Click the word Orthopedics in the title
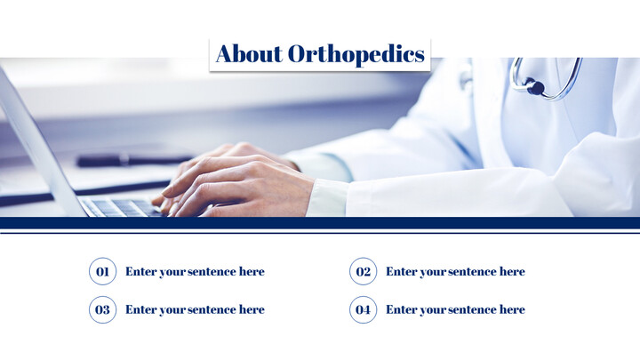[x=356, y=55]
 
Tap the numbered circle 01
[x=102, y=271]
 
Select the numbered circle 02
[x=363, y=271]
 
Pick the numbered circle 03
[x=102, y=309]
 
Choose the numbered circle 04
[x=363, y=309]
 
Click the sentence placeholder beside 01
[x=195, y=271]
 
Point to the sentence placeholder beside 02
[x=455, y=271]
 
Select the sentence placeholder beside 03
[x=195, y=309]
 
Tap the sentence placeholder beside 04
[x=455, y=309]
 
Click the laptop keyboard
[x=120, y=207]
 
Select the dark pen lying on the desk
[x=124, y=161]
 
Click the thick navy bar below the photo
[x=320, y=222]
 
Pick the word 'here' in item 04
[x=511, y=309]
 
